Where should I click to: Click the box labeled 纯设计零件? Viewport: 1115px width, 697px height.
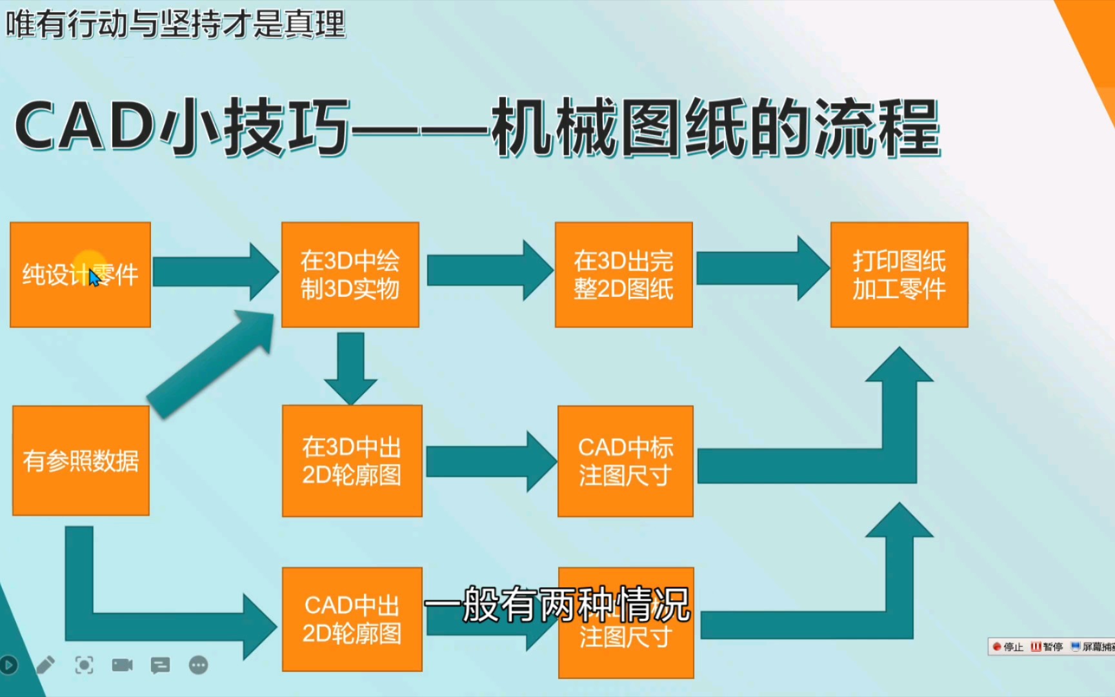point(80,275)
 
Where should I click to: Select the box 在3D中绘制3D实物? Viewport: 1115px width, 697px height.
point(350,275)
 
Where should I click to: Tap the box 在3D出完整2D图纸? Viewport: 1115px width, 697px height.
point(623,275)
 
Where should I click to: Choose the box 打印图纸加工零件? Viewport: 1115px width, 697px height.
point(899,275)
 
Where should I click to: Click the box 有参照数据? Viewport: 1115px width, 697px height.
point(81,461)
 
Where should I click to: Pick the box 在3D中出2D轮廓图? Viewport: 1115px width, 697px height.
point(352,461)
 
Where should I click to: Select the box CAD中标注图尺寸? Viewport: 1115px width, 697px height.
point(625,461)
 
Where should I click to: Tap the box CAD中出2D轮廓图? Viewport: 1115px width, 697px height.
point(352,620)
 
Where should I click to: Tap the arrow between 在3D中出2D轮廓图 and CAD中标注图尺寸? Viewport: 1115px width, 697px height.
point(490,461)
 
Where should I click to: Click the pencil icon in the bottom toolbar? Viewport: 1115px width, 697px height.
point(45,665)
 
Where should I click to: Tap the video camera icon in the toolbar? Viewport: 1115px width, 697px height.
point(122,665)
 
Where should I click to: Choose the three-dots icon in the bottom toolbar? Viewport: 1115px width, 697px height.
point(199,665)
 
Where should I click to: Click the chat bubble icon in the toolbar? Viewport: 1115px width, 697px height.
point(160,665)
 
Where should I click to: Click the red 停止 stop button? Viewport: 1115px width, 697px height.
point(1007,647)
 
